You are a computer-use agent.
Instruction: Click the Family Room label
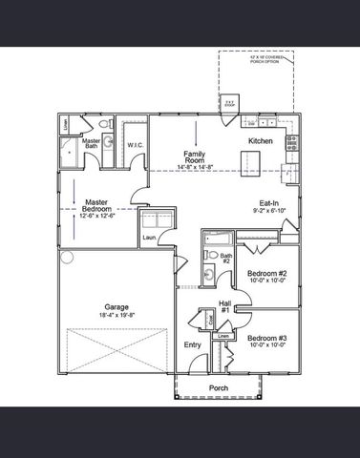197,155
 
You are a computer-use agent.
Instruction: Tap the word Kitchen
262,141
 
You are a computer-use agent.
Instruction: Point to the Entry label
192,345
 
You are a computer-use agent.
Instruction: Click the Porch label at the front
218,388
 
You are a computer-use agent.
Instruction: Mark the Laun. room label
150,239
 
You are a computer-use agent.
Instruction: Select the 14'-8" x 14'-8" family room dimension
197,166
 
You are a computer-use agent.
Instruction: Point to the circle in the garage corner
67,257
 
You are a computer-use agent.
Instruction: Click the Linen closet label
222,336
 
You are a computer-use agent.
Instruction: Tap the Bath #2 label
226,259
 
